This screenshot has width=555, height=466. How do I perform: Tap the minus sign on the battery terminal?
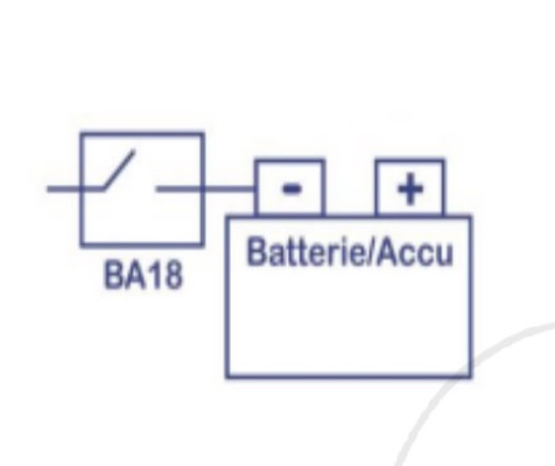click(x=290, y=187)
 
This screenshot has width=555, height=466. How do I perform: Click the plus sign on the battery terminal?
click(x=410, y=187)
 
